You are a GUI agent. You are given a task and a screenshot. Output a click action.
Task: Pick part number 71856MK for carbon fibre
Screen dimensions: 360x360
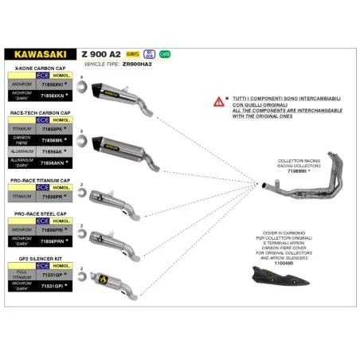pos(53,139)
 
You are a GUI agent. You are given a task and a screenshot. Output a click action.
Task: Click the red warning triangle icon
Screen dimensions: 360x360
pos(218,102)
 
